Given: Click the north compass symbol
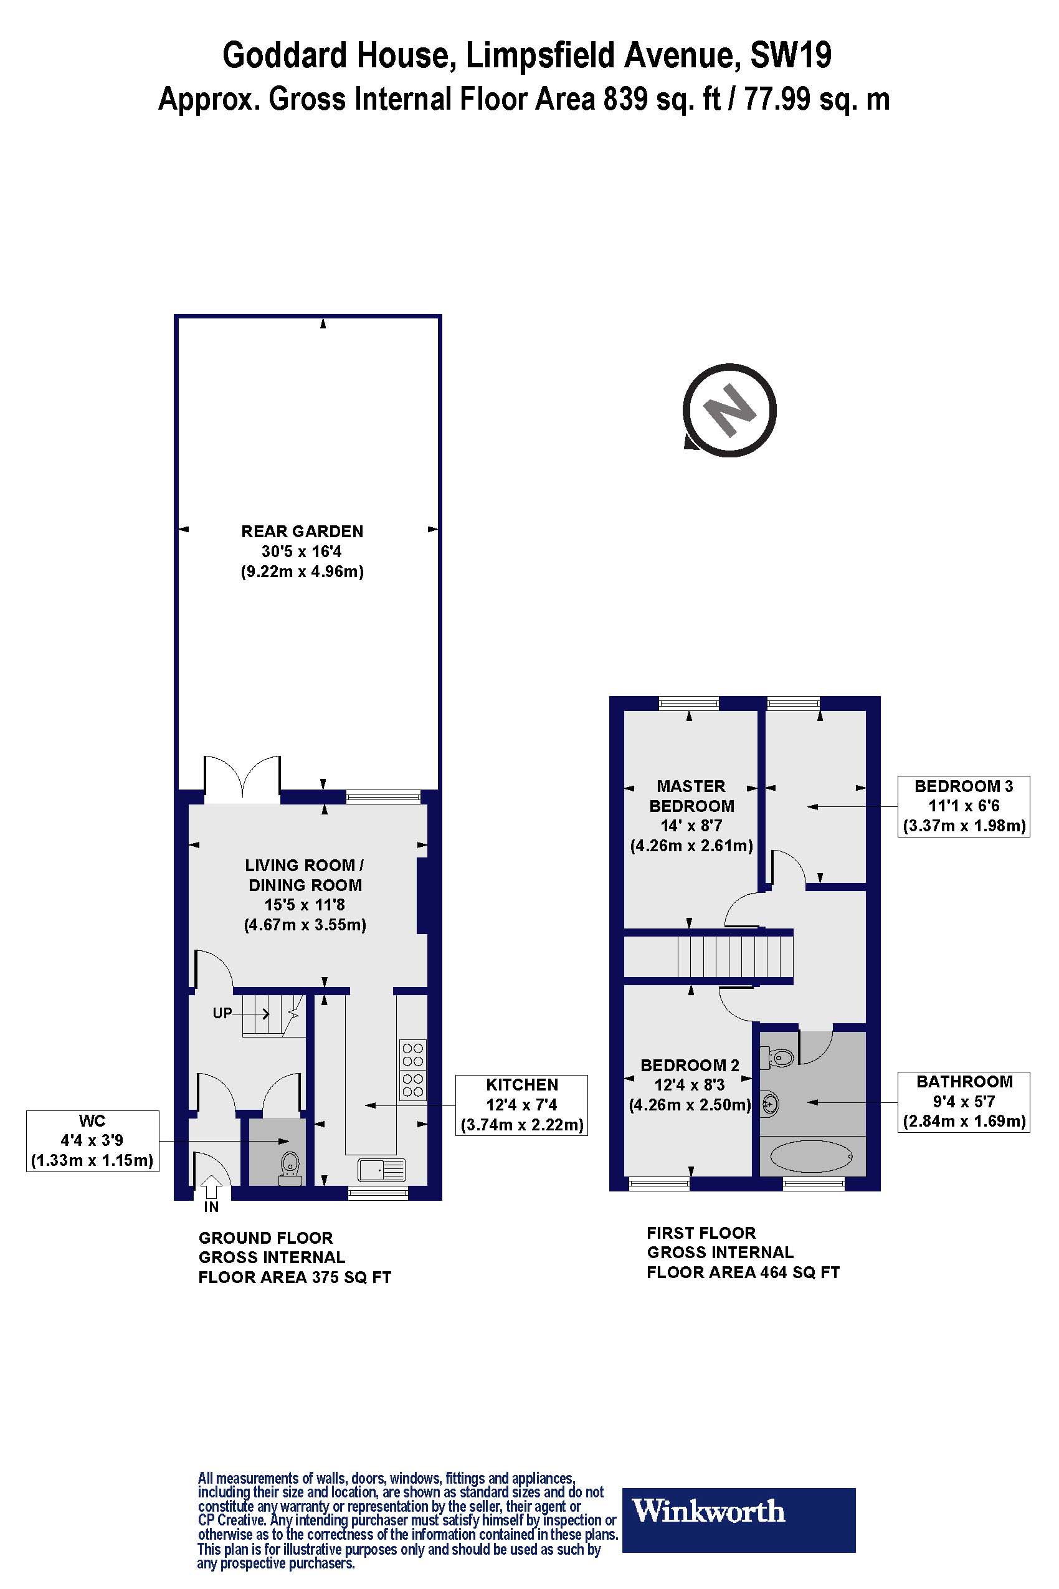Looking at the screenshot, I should [729, 411].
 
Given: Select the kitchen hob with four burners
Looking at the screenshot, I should [412, 1071].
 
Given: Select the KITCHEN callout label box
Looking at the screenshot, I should [521, 1105].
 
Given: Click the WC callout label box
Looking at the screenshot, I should [93, 1140].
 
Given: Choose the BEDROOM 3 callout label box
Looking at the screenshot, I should [964, 806].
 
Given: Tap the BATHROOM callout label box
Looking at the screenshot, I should [964, 1101].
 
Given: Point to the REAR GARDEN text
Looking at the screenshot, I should [302, 532].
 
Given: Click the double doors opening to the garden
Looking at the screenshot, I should [242, 780].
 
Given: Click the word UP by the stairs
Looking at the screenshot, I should [222, 1013].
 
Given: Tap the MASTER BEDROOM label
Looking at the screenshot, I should [691, 796].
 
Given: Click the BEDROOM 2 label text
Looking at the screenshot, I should [690, 1066].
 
